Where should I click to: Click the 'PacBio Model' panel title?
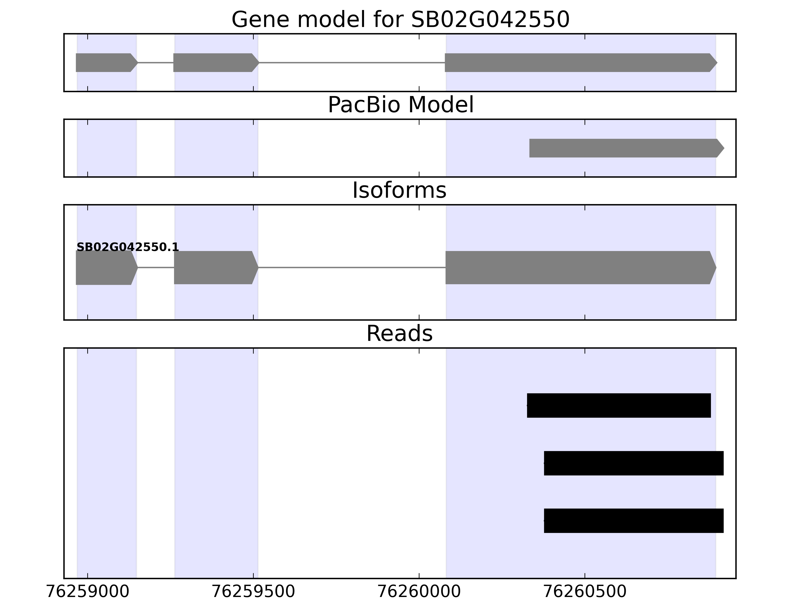[400, 105]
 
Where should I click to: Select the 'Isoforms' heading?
[399, 190]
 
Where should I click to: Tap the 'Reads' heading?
[399, 333]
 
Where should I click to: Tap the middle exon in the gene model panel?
[215, 62]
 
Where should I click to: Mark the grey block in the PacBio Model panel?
[626, 148]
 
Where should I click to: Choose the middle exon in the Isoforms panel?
[215, 268]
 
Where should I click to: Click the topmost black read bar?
[619, 405]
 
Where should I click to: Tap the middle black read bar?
[634, 463]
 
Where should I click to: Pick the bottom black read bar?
[634, 520]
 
